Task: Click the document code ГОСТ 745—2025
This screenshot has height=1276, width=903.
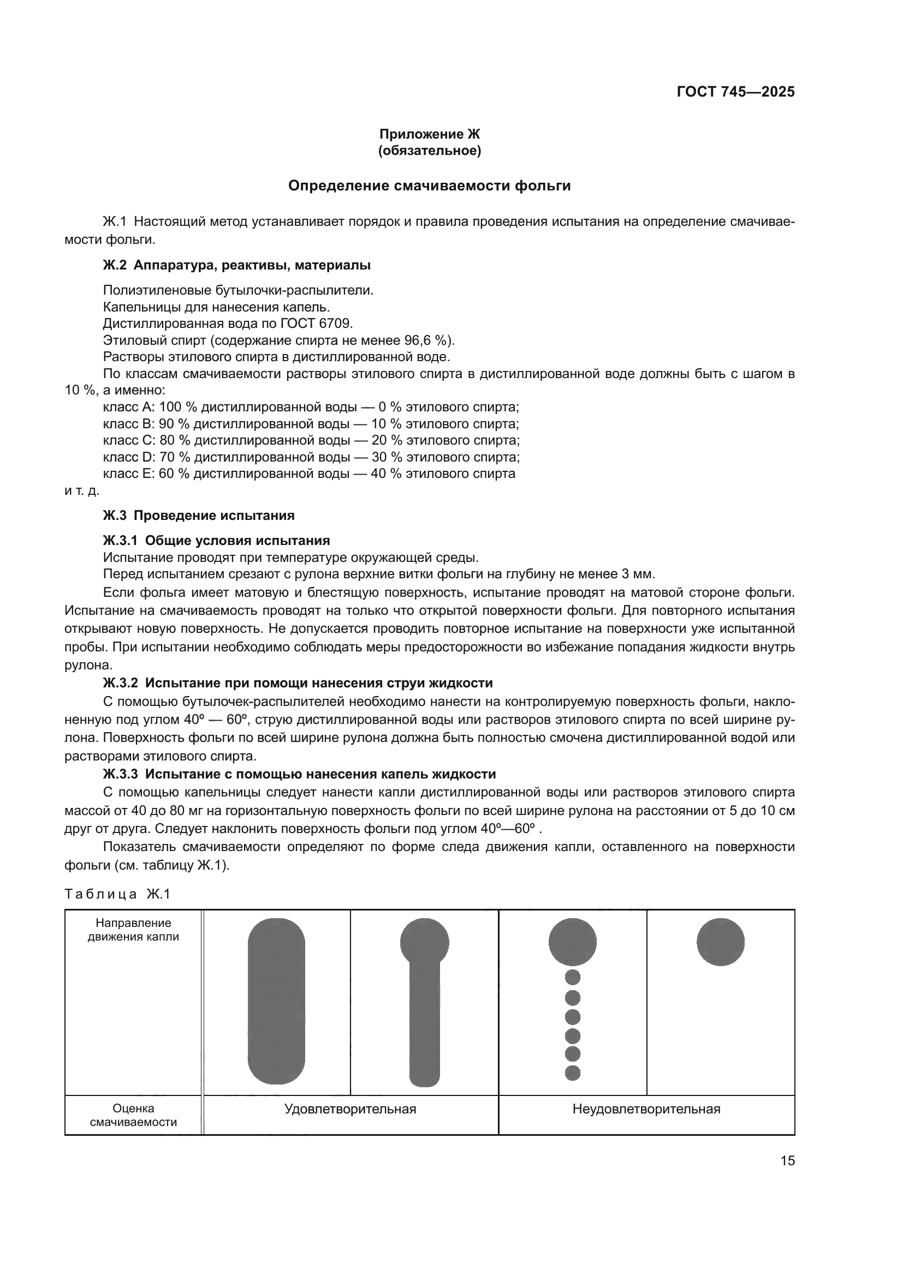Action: (x=735, y=92)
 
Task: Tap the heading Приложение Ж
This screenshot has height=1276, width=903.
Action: (x=429, y=134)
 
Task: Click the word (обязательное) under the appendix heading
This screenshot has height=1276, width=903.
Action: (x=429, y=151)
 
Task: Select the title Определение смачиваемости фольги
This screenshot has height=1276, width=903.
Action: (x=429, y=186)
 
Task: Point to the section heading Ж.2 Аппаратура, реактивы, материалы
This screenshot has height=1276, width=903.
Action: (x=237, y=266)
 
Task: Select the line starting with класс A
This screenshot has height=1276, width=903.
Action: (x=311, y=408)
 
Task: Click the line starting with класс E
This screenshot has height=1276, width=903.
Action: (x=309, y=474)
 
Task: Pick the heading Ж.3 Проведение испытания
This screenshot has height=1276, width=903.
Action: (x=199, y=516)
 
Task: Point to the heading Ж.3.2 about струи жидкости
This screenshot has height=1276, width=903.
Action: (x=298, y=684)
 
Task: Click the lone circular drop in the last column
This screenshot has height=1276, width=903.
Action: (x=720, y=942)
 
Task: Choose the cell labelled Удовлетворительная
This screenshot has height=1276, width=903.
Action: (x=350, y=1109)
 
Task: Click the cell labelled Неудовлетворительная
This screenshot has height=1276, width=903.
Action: (x=646, y=1109)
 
